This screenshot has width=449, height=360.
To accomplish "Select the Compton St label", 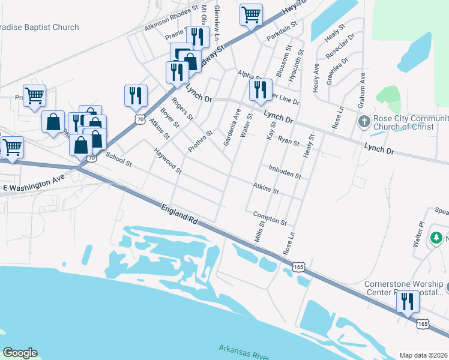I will pos(270,217).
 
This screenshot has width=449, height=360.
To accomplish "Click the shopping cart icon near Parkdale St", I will pos(251,14).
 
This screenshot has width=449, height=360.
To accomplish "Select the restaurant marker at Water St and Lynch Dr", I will pos(261,89).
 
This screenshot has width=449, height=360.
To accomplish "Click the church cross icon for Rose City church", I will pos(364,122).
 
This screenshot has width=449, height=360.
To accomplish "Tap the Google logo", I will pos(20,353).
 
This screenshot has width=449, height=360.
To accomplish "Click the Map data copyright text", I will pos(424,355).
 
